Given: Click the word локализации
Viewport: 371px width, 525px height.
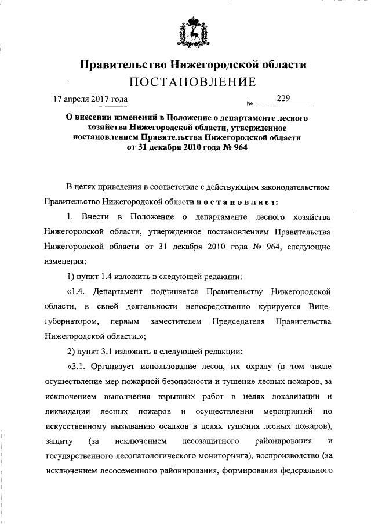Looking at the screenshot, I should (286, 397).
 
